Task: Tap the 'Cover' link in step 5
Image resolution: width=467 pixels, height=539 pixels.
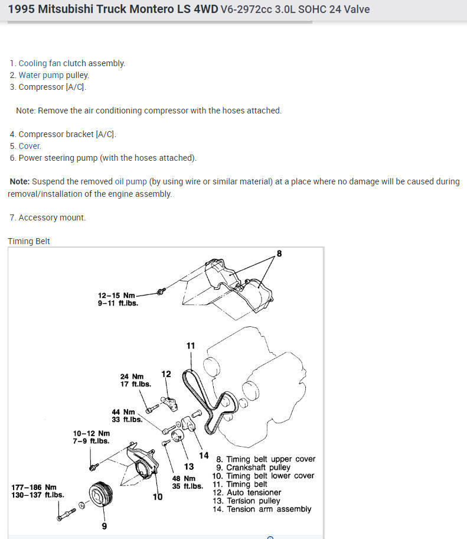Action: point(30,146)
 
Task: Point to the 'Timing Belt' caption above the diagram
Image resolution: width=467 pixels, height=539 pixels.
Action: point(29,241)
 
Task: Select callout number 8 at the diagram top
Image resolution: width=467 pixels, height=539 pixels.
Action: point(279,254)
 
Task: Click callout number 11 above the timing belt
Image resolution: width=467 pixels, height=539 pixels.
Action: point(190,346)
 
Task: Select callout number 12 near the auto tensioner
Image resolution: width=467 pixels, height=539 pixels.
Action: point(166,374)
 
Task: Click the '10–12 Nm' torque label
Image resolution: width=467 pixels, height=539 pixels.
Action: point(91,437)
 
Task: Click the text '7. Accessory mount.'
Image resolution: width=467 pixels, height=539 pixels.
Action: point(48,217)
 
